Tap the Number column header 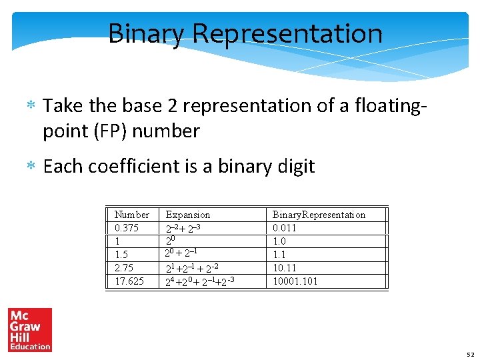pos(132,215)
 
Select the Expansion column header pos(187,215)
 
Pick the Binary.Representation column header pos(319,215)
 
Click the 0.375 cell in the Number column pos(127,228)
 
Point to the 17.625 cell pos(129,281)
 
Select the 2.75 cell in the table pos(124,268)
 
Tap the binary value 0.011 pos(285,228)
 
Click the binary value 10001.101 pos(295,281)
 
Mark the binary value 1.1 pos(279,255)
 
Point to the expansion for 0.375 pos(183,228)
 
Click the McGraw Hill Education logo pos(29,329)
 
